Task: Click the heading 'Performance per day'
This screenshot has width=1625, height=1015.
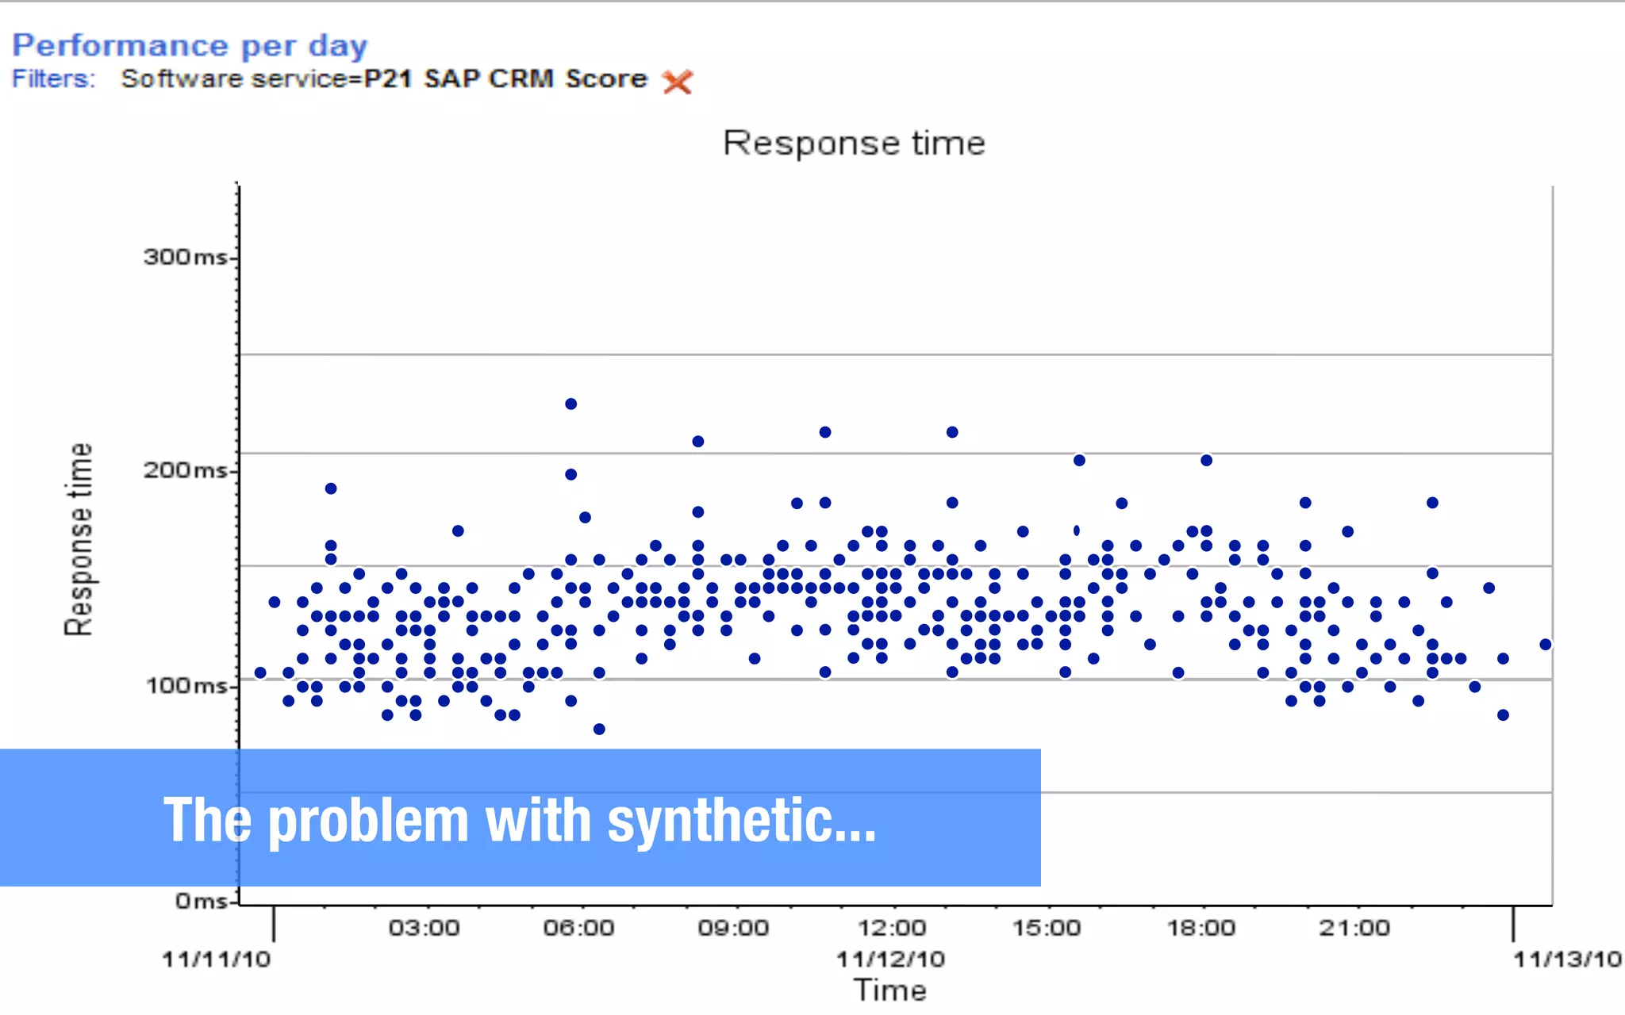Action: tap(190, 46)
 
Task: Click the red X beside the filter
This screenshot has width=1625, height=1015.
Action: tap(677, 81)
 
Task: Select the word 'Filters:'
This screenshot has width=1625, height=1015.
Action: tap(53, 79)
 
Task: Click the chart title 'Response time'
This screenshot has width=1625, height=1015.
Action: tap(854, 144)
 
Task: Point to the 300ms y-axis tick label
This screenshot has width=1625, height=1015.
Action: tap(185, 257)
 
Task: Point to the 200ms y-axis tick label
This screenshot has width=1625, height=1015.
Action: tap(185, 470)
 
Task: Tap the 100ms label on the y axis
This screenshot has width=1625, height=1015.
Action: tap(186, 685)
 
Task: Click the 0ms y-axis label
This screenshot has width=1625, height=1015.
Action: tap(202, 901)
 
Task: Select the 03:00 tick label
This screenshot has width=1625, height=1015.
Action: tap(424, 928)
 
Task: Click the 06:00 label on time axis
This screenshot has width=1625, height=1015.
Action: tap(578, 928)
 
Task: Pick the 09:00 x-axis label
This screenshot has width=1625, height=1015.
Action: tap(733, 928)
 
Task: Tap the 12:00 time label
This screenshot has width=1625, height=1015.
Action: tap(891, 928)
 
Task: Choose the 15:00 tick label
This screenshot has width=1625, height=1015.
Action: tap(1046, 928)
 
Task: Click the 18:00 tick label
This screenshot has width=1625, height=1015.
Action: tap(1201, 928)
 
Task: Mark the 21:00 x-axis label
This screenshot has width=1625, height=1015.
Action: tap(1354, 928)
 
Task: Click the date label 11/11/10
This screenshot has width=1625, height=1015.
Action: tap(216, 959)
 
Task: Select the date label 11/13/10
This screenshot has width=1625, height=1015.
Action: tap(1567, 959)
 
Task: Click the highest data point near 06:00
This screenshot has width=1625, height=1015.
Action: tap(570, 404)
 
